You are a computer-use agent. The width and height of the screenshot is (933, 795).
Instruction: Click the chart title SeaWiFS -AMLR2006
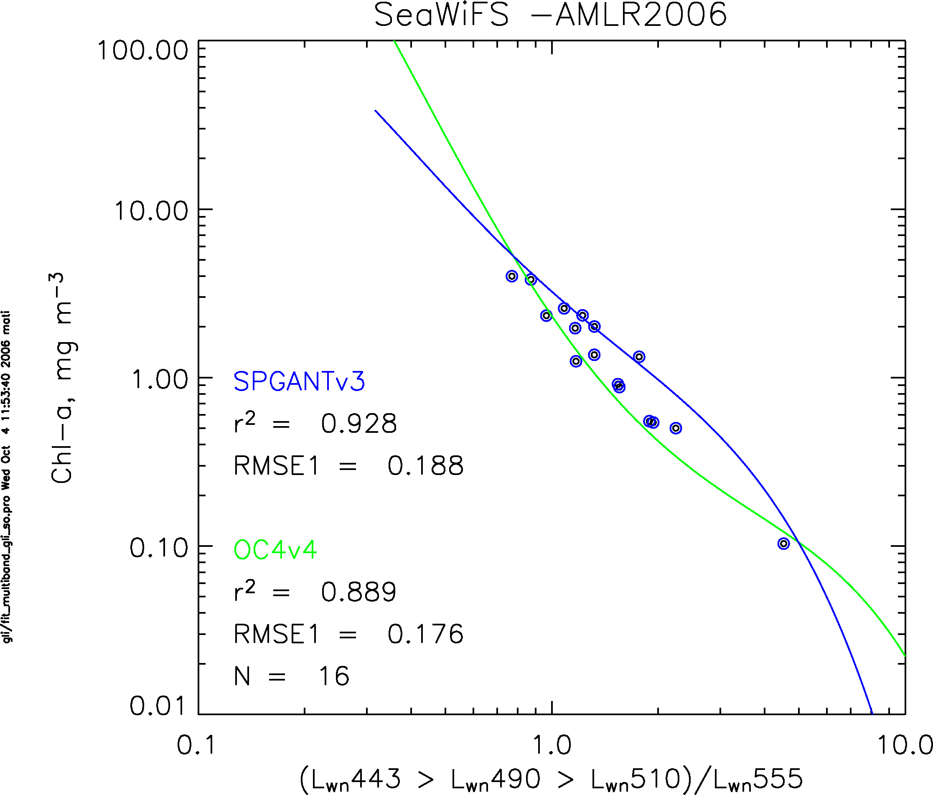[550, 15]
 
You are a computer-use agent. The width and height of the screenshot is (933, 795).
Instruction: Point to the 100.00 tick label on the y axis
[142, 50]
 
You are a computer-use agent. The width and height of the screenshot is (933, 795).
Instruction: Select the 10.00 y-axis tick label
[151, 210]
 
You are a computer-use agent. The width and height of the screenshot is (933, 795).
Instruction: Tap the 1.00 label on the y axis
[160, 379]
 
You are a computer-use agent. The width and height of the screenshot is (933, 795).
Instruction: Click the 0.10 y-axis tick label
[158, 548]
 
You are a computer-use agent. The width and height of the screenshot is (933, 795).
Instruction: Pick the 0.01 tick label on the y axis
[158, 706]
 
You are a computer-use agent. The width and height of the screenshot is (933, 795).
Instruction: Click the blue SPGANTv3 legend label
[299, 382]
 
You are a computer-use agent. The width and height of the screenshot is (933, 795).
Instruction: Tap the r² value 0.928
[359, 424]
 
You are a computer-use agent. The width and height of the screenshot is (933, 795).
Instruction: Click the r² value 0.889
[358, 592]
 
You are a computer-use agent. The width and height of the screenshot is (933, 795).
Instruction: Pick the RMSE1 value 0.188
[425, 466]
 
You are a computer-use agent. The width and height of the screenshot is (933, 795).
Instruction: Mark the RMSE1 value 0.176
[425, 634]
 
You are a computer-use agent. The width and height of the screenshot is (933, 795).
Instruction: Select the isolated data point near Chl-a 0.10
[783, 544]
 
